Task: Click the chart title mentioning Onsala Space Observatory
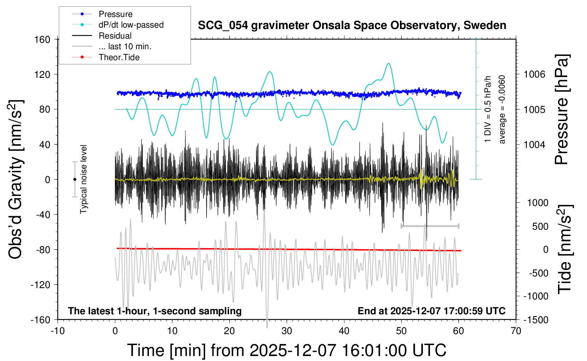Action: (352, 25)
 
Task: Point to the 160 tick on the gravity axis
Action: (42, 39)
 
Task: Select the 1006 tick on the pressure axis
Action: (534, 74)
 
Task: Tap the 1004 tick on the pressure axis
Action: (534, 144)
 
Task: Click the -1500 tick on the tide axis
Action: (536, 320)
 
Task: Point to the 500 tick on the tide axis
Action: (540, 226)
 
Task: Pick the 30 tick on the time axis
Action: (287, 331)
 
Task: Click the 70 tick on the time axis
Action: (516, 331)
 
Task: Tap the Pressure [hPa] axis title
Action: (562, 110)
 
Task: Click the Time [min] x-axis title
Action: (286, 350)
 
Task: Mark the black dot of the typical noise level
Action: (75, 179)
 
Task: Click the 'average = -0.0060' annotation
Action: (502, 110)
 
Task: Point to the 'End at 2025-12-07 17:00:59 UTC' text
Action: (431, 311)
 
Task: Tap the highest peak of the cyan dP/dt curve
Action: (389, 63)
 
